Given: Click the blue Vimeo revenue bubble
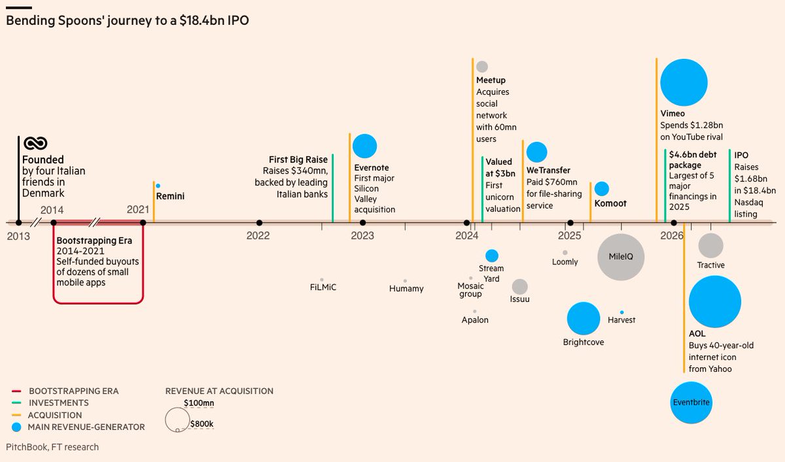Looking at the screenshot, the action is coord(684,82).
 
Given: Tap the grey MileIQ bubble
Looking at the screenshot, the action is coord(621,257).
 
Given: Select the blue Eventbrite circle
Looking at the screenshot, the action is coord(691,402).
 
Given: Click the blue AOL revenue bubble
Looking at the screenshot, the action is coord(715,302).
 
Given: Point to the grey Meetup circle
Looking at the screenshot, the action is coord(482,67).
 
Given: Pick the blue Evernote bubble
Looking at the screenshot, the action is coord(364,146).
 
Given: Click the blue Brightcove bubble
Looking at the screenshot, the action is coord(584,318).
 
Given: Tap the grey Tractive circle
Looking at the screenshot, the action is coord(710,245).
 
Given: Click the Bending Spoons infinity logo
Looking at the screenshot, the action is coord(35,143).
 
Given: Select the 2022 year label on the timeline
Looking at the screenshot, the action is coord(258,236).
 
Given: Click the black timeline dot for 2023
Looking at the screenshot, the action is coord(362,222).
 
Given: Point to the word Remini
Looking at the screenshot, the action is coord(170,196).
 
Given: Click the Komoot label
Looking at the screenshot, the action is coord(610,204).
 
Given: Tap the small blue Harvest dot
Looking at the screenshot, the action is coord(621,312).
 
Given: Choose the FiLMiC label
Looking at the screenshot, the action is coord(323,287).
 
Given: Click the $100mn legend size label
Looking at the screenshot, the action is coord(199,403).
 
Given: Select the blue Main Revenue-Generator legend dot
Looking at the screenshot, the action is coord(16,427).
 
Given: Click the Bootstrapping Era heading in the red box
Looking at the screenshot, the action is coord(94,240).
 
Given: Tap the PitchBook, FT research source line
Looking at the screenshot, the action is coord(52,448).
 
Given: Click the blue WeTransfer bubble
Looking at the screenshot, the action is coord(536,152).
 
